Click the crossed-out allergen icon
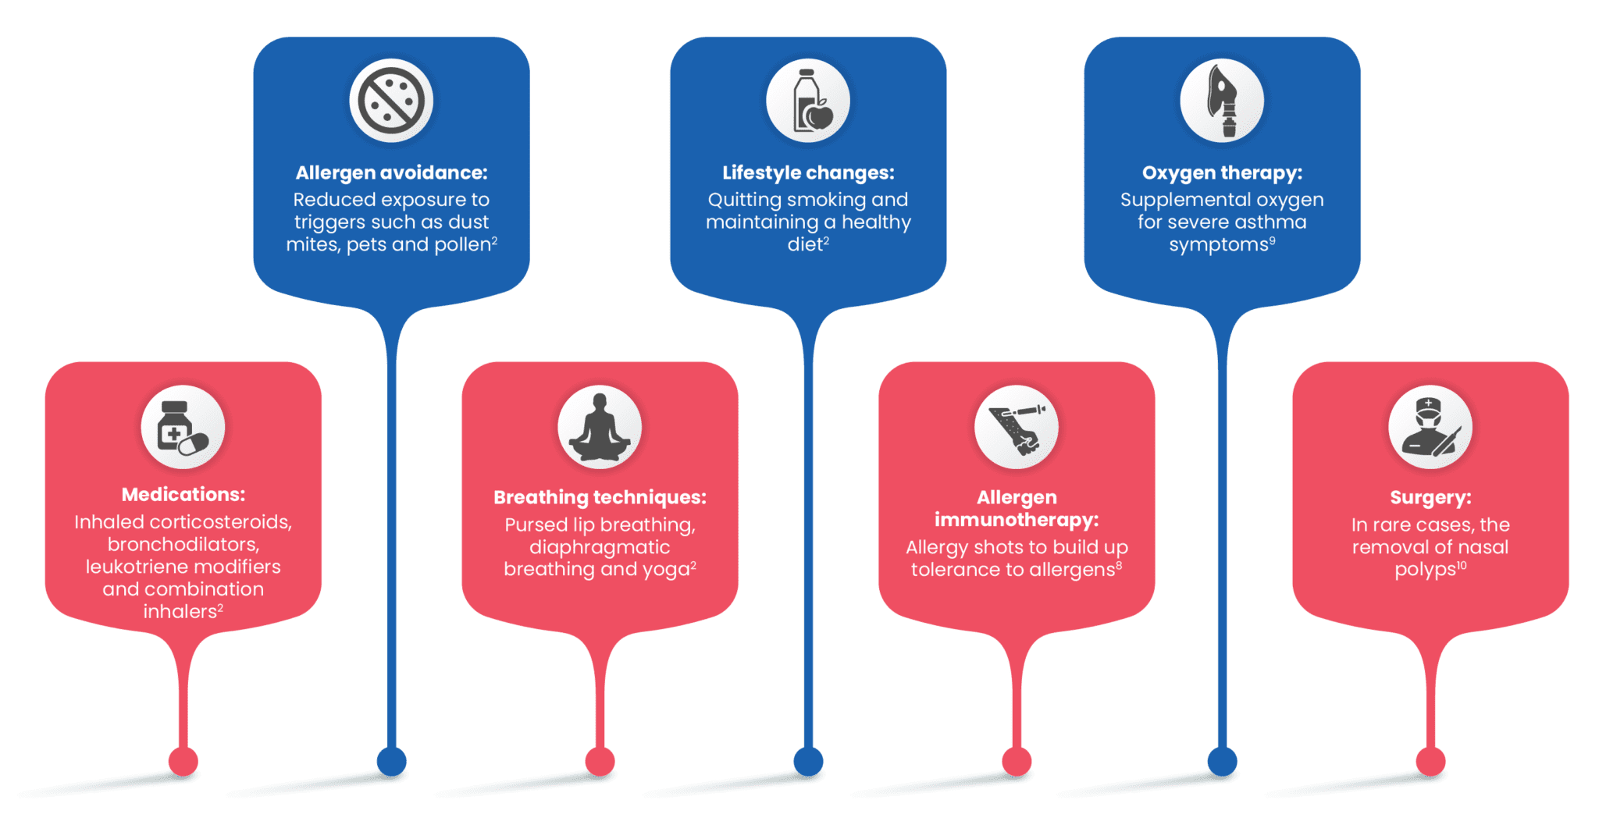(x=391, y=101)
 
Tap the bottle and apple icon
(x=808, y=101)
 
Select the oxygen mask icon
(x=1222, y=101)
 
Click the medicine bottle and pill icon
(x=183, y=427)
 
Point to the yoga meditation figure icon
(x=600, y=427)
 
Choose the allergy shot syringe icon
(x=1017, y=427)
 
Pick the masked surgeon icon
(x=1430, y=427)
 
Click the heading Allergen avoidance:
(x=391, y=173)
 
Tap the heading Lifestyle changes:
(x=808, y=173)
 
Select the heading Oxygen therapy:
(x=1222, y=173)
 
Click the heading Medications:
(x=183, y=494)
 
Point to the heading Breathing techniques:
(x=600, y=498)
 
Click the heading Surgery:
(x=1430, y=498)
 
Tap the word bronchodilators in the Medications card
(x=183, y=544)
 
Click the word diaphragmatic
(x=600, y=547)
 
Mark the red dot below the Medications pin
(x=183, y=761)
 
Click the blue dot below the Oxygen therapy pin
(x=1222, y=761)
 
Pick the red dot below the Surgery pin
(x=1430, y=761)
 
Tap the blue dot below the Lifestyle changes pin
(x=808, y=761)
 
